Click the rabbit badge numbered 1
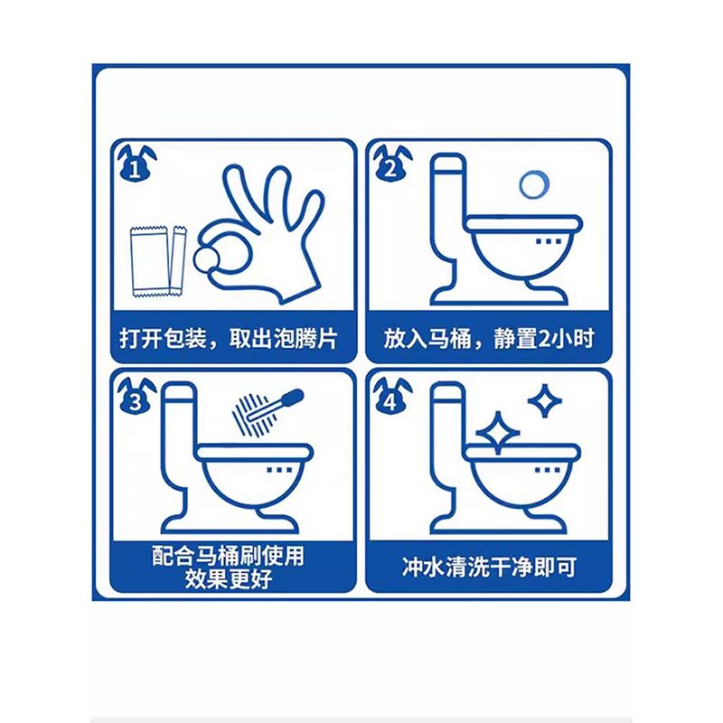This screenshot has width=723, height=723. (x=136, y=164)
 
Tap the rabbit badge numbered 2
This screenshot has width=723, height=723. (x=392, y=164)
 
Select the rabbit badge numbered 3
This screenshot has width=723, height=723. (x=136, y=396)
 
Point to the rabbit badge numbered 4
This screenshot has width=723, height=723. (x=392, y=396)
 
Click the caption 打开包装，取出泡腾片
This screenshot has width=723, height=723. (x=230, y=338)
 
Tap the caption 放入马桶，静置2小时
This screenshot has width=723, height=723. (x=489, y=338)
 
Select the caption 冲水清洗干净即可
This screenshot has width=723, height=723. (x=490, y=567)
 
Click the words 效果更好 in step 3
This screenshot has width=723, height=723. (x=229, y=578)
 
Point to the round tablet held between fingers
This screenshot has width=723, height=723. (x=207, y=259)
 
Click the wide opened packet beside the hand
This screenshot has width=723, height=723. (x=149, y=261)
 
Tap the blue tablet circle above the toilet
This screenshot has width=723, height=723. (x=534, y=185)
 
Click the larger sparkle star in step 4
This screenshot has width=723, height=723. (x=498, y=433)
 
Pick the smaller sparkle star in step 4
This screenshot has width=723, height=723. (x=545, y=400)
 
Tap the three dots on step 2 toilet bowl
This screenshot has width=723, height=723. (x=549, y=241)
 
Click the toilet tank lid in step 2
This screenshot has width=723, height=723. (x=447, y=164)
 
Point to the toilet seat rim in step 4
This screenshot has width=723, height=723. (x=522, y=452)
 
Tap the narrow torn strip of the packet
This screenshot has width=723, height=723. (x=178, y=260)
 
